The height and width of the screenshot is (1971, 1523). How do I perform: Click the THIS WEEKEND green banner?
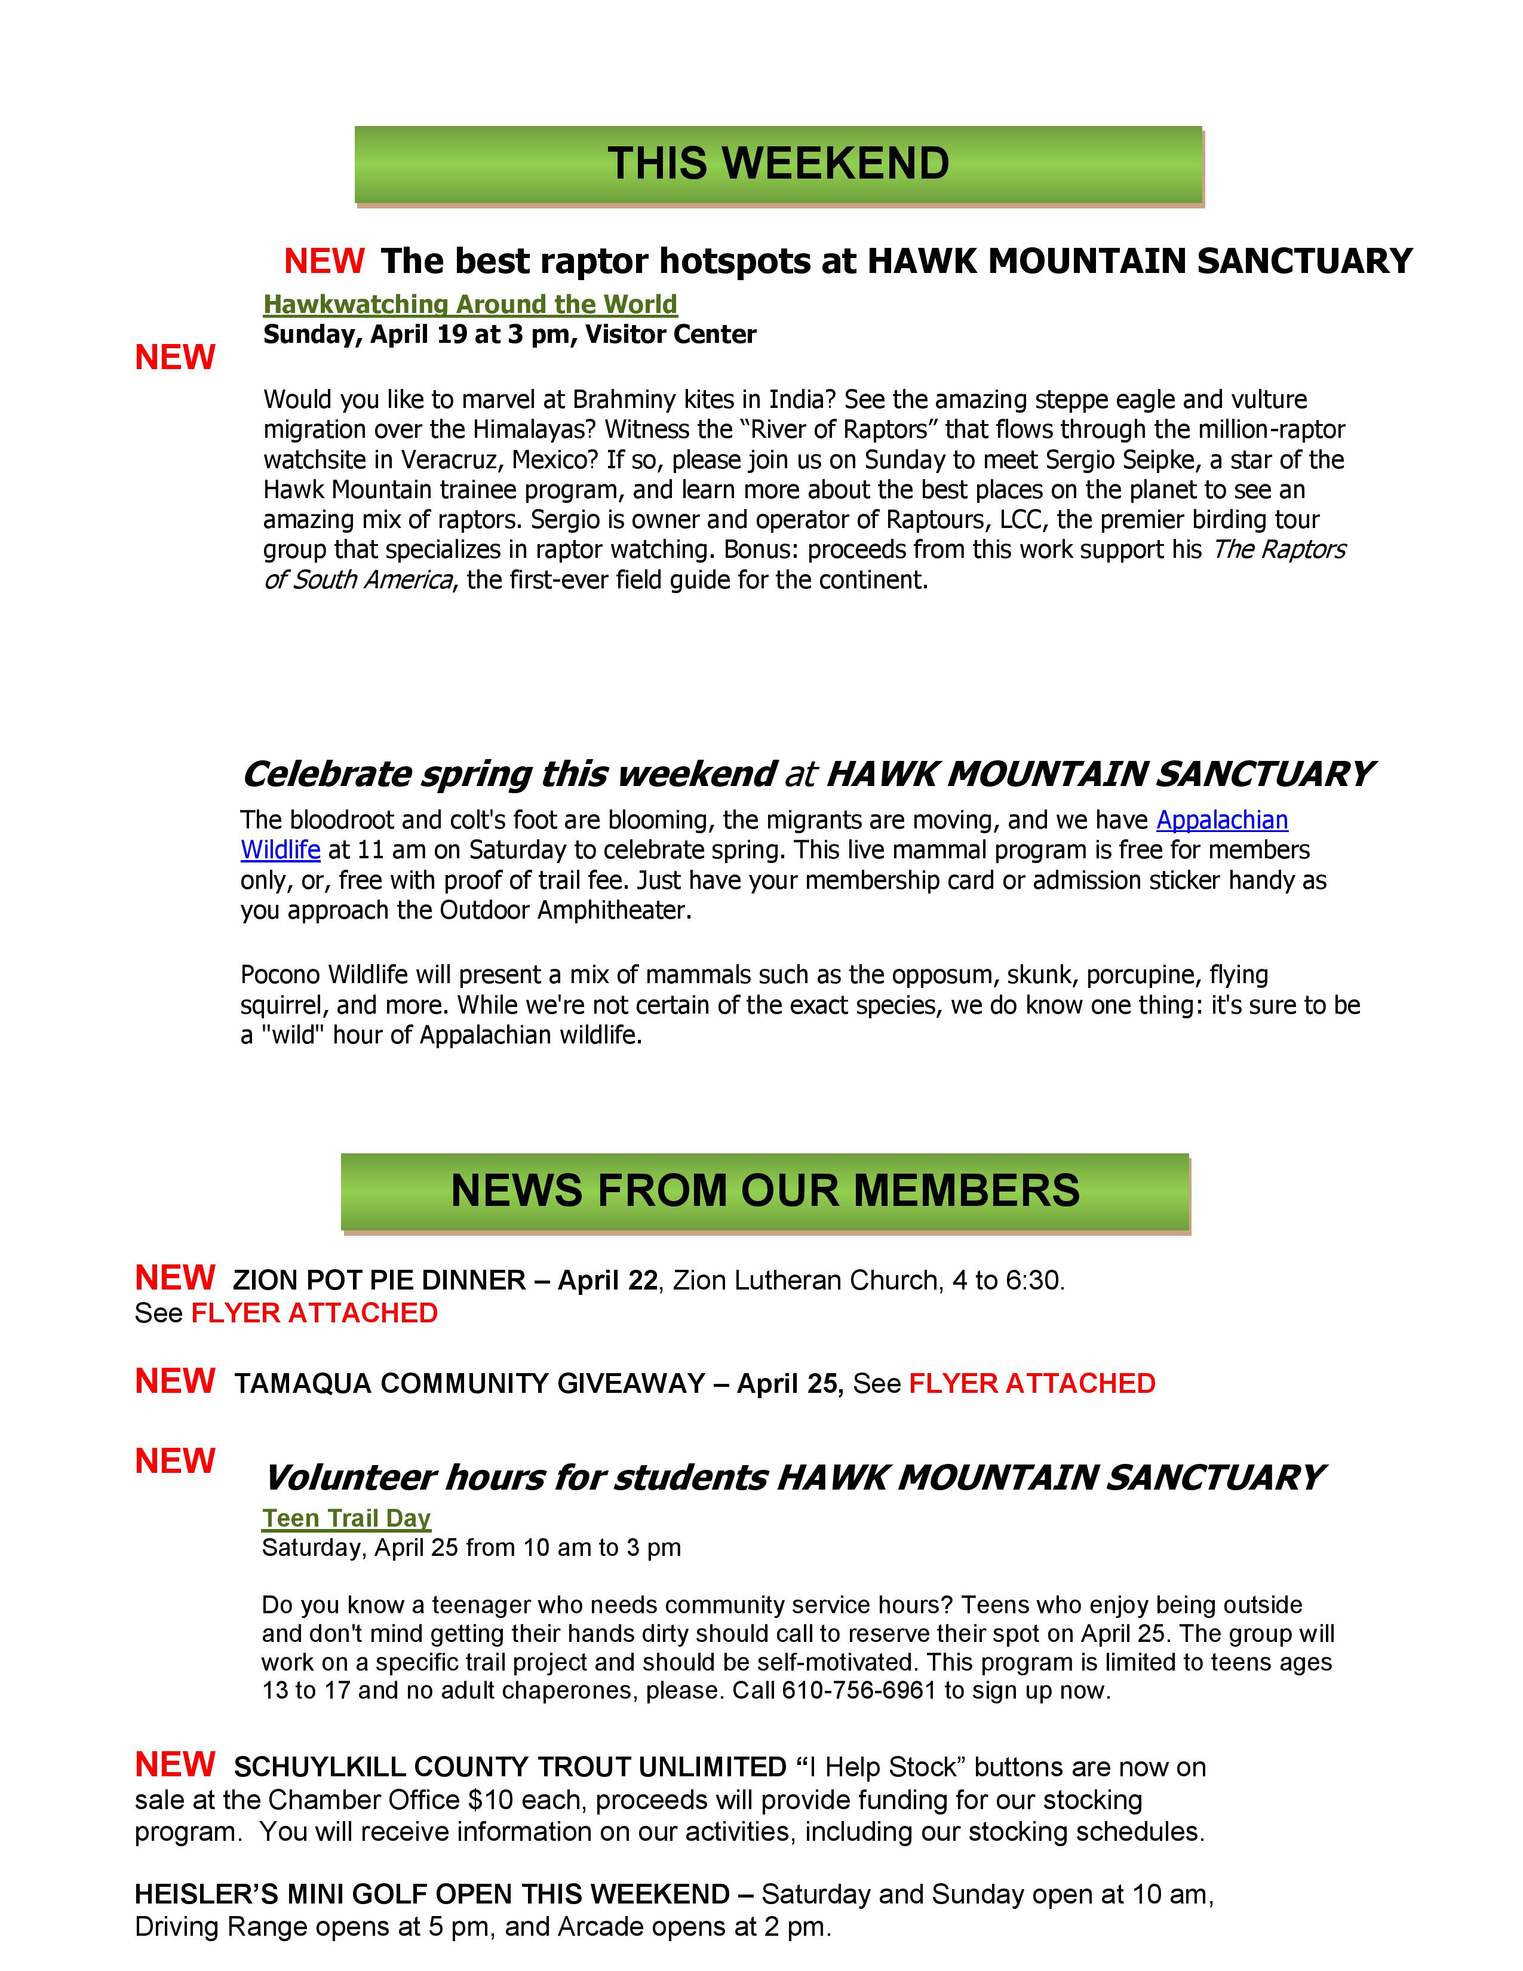tap(778, 164)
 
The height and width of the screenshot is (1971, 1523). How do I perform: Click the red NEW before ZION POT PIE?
tap(175, 1278)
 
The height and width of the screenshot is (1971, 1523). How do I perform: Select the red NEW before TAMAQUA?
tap(175, 1381)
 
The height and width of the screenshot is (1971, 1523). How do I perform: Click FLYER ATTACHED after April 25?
tap(1031, 1383)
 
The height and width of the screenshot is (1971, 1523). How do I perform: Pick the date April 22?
tap(607, 1281)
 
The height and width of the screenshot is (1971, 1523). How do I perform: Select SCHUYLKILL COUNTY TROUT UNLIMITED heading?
tap(510, 1767)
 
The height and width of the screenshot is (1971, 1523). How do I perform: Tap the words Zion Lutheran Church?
tap(806, 1281)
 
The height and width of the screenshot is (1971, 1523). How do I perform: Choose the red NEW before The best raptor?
tap(324, 261)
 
